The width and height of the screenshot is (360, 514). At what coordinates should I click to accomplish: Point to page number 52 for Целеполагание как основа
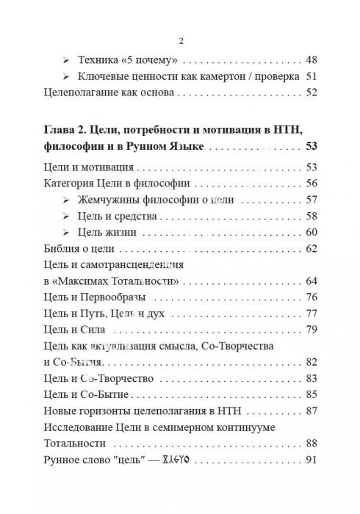click(x=311, y=93)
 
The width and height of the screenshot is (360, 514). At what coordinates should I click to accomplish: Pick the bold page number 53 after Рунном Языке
click(x=310, y=148)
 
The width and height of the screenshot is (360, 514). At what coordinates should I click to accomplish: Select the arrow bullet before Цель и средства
click(x=68, y=217)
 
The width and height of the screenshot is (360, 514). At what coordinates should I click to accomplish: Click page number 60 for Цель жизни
click(x=311, y=233)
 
